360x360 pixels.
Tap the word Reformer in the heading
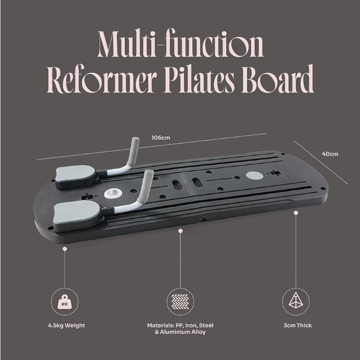(x=102, y=79)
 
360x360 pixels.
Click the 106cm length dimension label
(x=161, y=138)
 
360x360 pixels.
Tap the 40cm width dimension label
(x=330, y=154)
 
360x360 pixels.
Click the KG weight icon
(x=64, y=301)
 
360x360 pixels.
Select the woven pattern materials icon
(x=180, y=301)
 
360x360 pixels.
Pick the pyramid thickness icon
(x=296, y=301)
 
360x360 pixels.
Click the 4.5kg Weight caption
(x=66, y=325)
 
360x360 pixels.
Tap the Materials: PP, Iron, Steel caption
(x=180, y=325)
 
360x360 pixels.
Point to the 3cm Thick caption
(x=297, y=325)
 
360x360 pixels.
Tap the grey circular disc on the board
(x=255, y=175)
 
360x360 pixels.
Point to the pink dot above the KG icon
(x=65, y=249)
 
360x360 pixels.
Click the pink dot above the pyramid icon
(x=296, y=213)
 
